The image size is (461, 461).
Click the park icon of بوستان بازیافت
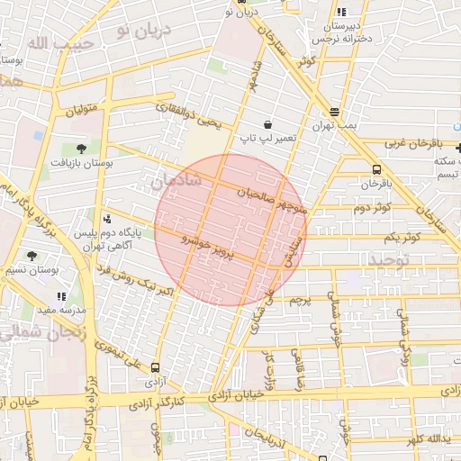tap(81, 149)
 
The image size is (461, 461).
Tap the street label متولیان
tap(80, 113)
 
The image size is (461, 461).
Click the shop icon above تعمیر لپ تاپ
tap(267, 124)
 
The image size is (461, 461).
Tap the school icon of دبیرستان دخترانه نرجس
tap(340, 12)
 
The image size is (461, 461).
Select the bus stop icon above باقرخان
tap(375, 168)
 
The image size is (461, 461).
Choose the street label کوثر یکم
tap(402, 237)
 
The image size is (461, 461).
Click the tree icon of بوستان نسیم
tap(32, 256)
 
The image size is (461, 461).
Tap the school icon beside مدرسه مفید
tap(61, 296)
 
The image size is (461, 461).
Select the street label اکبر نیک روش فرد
tap(140, 279)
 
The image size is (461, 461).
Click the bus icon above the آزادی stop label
tap(155, 367)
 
